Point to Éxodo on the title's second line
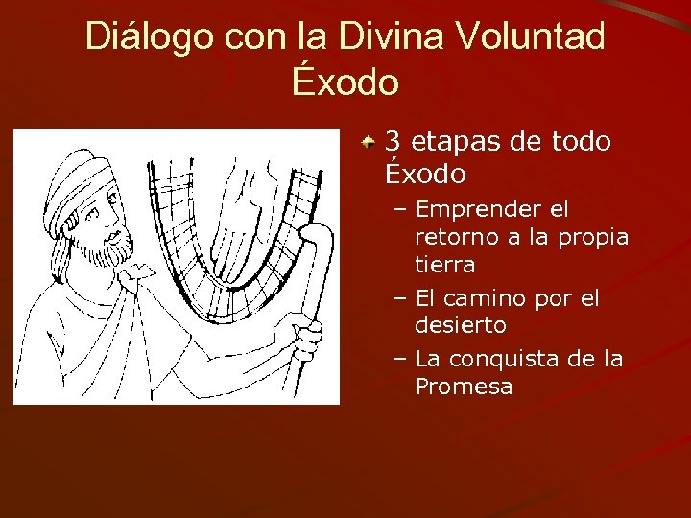pyautogui.click(x=345, y=82)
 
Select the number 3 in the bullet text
pyautogui.click(x=392, y=142)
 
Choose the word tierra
pyautogui.click(x=444, y=263)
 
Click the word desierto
pyautogui.click(x=460, y=325)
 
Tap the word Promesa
pyautogui.click(x=464, y=387)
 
